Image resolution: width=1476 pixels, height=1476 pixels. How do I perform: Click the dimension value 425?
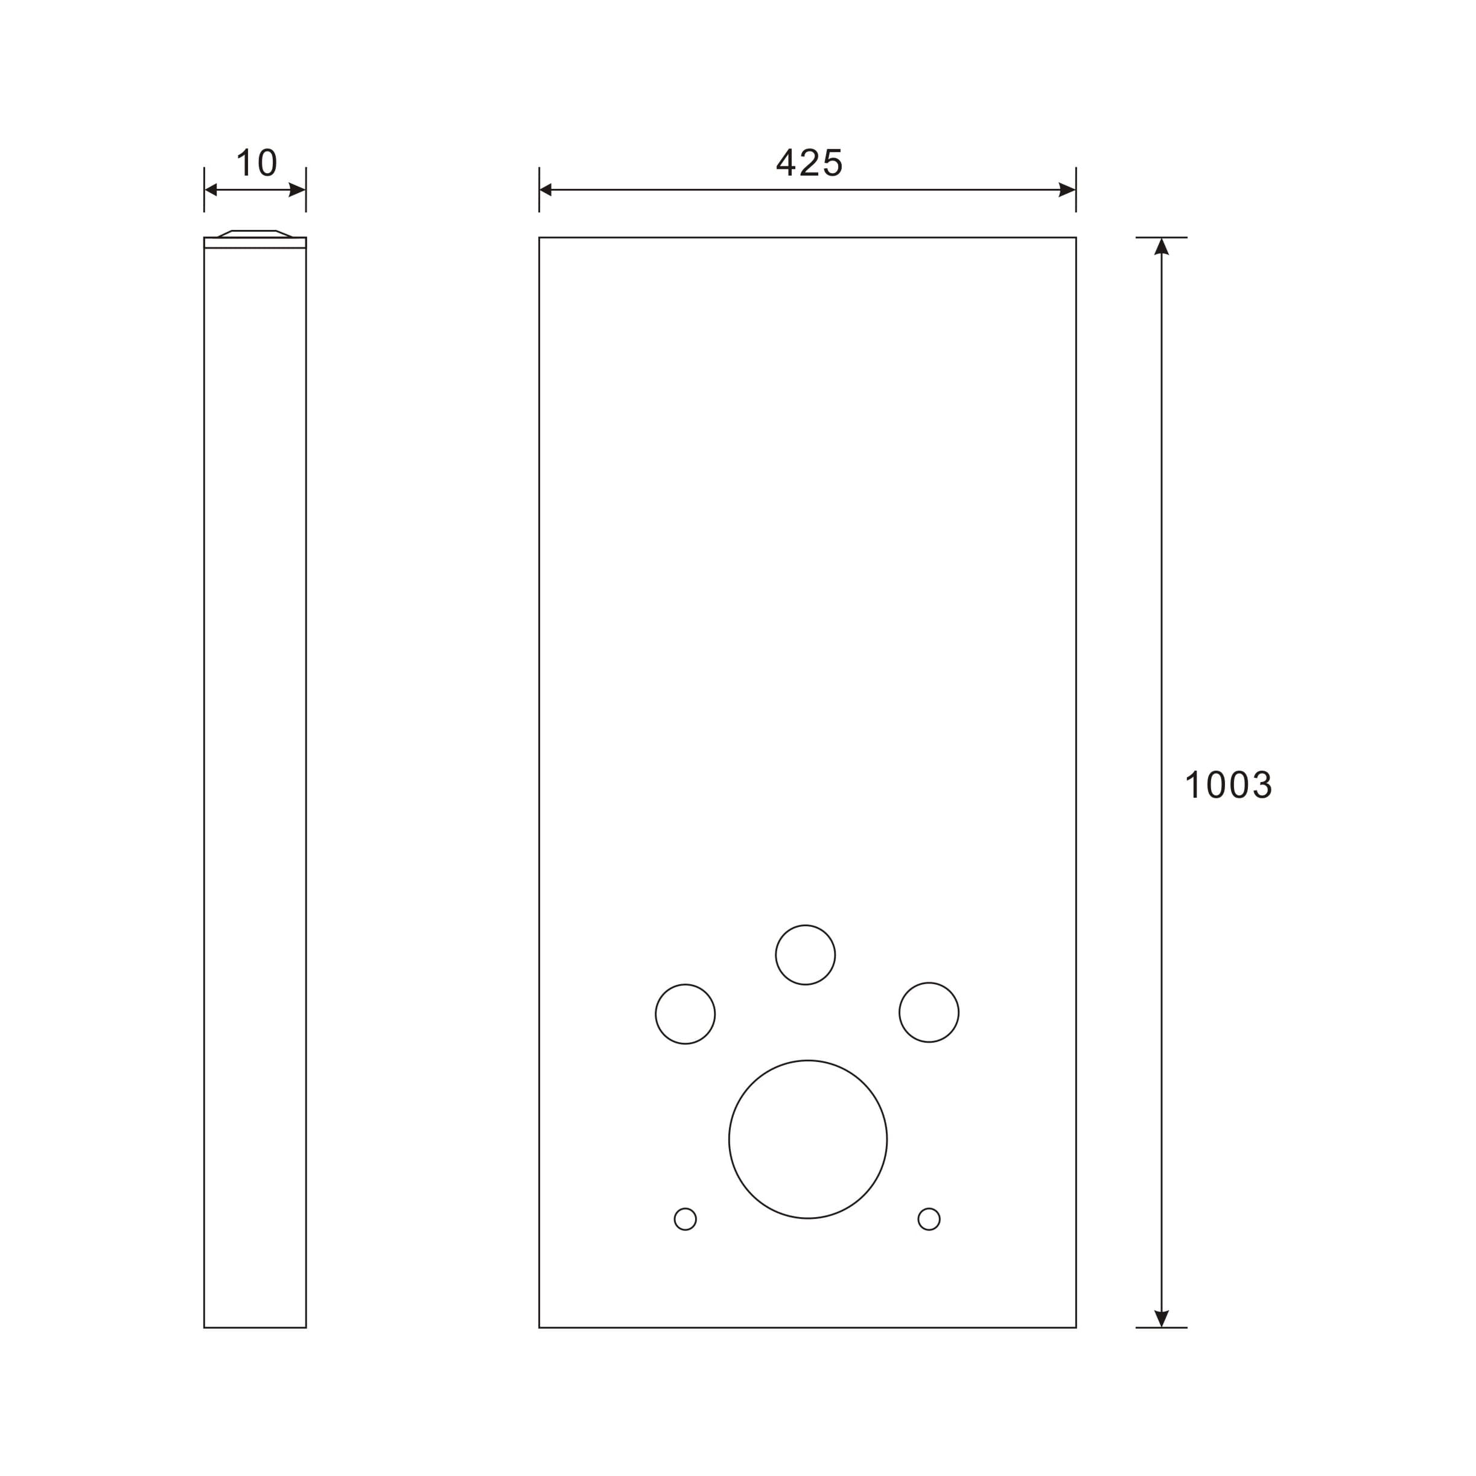coord(809,163)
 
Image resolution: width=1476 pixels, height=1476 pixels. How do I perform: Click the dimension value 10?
coord(256,163)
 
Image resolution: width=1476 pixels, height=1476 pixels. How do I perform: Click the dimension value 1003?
coord(1228,785)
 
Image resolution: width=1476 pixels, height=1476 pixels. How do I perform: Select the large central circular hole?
coord(807,1139)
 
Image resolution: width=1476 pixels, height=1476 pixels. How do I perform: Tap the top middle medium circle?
coord(805,955)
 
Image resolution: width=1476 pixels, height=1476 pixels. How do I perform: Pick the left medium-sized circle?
coord(686,1014)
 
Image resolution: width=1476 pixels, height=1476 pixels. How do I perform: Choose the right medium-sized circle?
coord(929,1013)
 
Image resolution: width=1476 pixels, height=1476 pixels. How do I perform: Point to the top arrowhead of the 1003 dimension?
coord(1161,247)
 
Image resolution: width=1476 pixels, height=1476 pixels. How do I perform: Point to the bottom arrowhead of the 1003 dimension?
coord(1161,1318)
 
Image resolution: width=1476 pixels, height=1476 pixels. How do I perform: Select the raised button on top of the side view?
coord(255,234)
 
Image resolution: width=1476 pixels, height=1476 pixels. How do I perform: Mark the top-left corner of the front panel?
coord(539,238)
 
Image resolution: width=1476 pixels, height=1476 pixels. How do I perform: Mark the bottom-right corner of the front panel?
coord(1076,1327)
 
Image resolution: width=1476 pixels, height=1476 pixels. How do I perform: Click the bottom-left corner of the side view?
coord(205,1327)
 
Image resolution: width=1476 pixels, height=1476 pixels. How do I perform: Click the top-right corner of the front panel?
coord(1076,238)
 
